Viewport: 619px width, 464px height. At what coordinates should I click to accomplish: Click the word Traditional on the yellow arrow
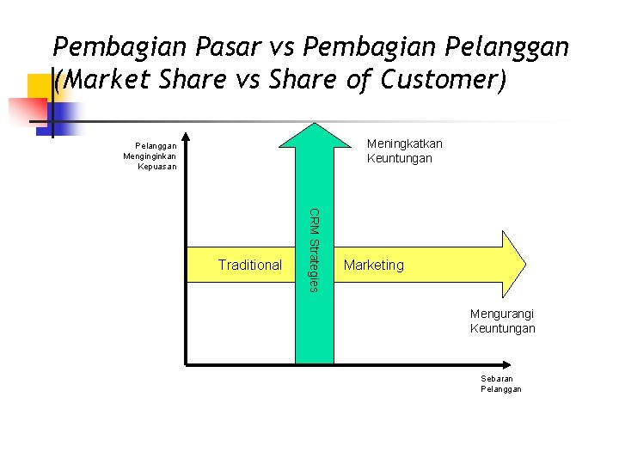249,265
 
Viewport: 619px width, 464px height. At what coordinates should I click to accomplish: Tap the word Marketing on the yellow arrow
373,265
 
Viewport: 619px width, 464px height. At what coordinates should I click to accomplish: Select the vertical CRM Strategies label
314,249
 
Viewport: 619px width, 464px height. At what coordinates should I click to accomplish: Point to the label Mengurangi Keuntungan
502,321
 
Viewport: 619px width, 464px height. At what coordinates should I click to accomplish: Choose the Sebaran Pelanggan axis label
500,384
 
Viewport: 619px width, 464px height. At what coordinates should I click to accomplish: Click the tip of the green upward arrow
315,125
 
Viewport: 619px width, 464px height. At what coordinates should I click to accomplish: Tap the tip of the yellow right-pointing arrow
524,264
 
